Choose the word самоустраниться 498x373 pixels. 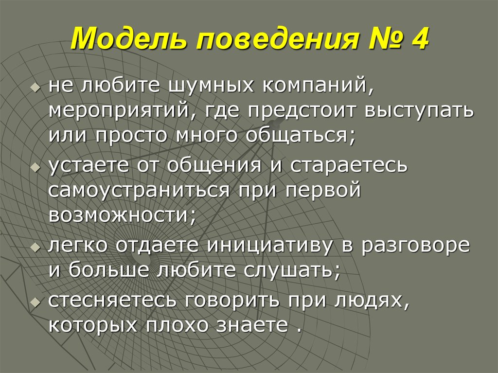pos(139,190)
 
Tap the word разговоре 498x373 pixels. pos(416,246)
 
